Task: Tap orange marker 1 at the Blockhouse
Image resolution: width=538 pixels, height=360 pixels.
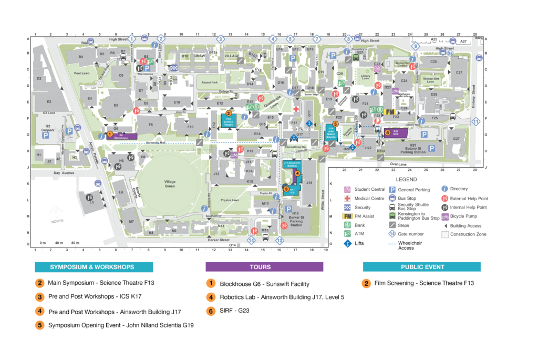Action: [x=109, y=134]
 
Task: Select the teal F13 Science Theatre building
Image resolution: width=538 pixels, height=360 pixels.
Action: [x=229, y=120]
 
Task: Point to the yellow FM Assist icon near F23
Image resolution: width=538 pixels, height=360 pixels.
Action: [x=390, y=112]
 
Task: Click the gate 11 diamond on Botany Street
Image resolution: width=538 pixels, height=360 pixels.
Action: [x=476, y=122]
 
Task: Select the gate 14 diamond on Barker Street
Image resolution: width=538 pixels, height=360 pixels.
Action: [x=251, y=240]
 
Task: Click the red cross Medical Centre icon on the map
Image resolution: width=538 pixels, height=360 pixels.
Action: [x=296, y=109]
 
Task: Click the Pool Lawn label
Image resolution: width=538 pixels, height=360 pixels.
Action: [x=82, y=74]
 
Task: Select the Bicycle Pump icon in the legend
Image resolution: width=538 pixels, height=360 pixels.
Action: [x=446, y=217]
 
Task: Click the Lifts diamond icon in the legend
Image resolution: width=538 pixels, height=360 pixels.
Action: [x=347, y=243]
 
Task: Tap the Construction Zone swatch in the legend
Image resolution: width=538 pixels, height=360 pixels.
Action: [x=446, y=234]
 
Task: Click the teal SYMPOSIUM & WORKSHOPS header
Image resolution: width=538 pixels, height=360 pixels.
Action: [x=94, y=267]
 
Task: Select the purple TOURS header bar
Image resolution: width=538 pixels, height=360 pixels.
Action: [x=264, y=267]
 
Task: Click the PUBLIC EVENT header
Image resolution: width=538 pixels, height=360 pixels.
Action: [x=421, y=267]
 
